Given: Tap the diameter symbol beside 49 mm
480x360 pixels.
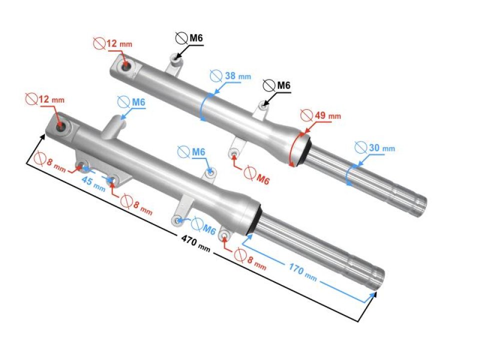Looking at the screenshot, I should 306,115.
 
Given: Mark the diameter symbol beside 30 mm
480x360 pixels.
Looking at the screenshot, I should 360,147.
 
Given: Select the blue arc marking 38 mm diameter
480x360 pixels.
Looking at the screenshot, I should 202,107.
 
